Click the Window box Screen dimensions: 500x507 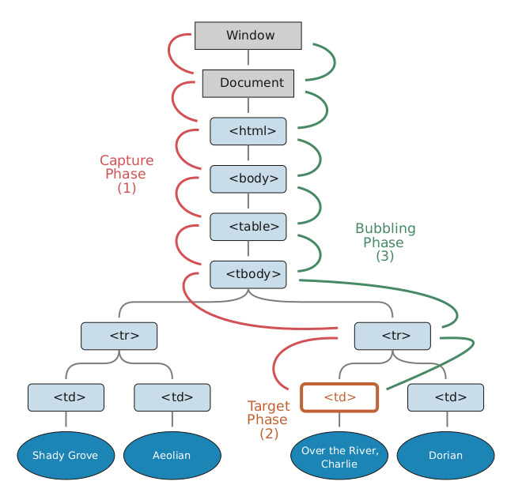248,36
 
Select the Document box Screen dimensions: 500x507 248,83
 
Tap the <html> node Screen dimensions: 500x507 248,131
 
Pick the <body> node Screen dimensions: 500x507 248,179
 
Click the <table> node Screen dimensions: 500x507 248,227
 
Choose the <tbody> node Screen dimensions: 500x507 248,274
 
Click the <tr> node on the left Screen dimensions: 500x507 119,336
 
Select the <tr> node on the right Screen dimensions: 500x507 392,336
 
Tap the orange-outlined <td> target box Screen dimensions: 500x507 340,397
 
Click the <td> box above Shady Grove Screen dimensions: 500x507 66,397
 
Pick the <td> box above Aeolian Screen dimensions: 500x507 172,397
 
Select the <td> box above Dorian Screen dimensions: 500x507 446,397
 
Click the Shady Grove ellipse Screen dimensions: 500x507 66,456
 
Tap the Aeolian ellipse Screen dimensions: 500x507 172,456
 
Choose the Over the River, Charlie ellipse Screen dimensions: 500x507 340,457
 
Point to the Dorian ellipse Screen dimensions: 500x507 446,456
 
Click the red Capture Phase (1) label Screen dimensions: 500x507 127,175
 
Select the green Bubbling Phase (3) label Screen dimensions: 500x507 384,242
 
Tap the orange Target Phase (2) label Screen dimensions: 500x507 268,419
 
